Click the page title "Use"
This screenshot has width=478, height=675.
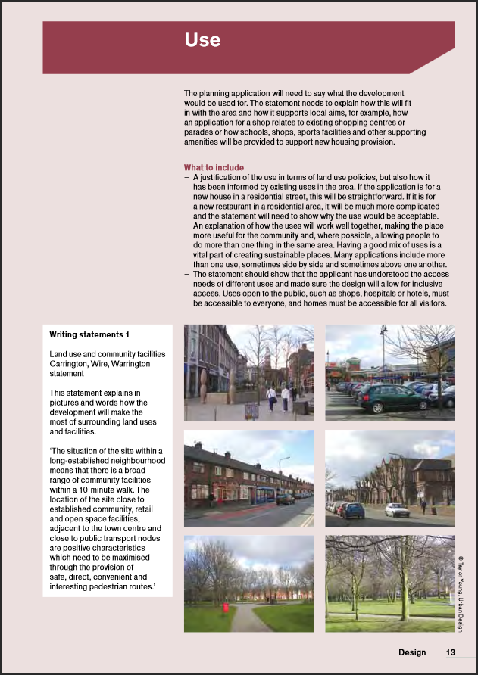click(202, 40)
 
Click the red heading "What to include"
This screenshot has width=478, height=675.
click(214, 168)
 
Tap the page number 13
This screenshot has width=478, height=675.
click(450, 652)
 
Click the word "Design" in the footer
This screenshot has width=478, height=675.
click(412, 652)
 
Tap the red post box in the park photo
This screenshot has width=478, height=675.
click(225, 607)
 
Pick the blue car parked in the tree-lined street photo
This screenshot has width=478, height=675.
click(353, 511)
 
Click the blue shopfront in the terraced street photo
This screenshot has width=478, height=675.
click(265, 494)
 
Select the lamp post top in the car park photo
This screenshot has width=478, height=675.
click(383, 331)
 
